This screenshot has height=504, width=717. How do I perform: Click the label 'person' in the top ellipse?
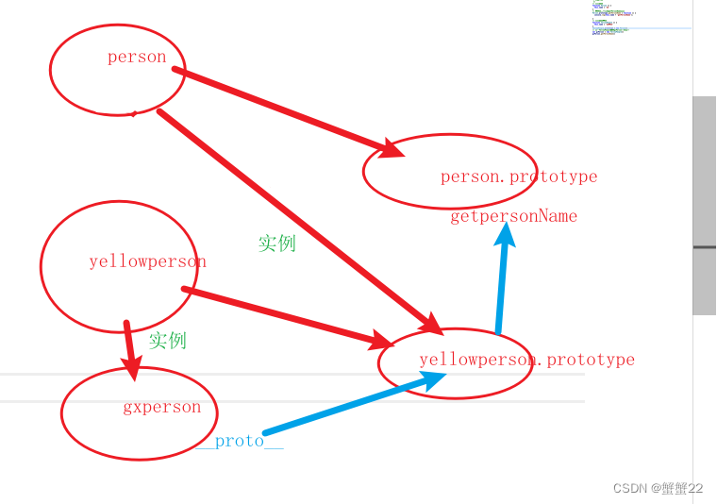tap(137, 58)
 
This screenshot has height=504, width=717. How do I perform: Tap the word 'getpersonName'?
tap(513, 216)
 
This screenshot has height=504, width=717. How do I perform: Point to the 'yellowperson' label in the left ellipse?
tap(147, 261)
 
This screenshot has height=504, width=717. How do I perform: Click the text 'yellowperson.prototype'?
tap(526, 360)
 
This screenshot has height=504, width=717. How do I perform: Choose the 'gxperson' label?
tap(161, 407)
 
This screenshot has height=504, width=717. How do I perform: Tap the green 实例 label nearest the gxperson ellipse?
tap(167, 340)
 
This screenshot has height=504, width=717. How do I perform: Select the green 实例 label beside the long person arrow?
tap(276, 243)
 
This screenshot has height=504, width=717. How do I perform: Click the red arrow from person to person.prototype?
tap(283, 109)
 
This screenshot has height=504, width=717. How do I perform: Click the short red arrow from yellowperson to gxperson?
tap(129, 349)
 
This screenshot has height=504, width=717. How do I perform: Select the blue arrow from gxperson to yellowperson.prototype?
tap(349, 404)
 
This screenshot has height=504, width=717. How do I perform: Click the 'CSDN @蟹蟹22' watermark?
tap(658, 488)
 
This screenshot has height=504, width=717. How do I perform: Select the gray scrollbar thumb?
tap(704, 205)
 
